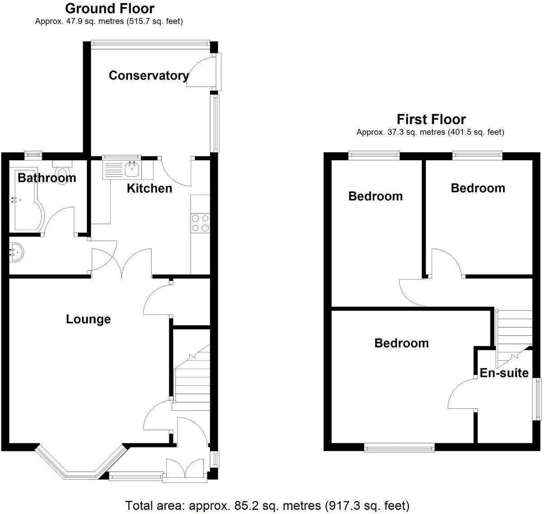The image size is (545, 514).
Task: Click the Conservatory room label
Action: click(149, 75)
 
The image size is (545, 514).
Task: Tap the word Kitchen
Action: click(149, 188)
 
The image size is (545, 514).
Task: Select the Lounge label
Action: click(88, 320)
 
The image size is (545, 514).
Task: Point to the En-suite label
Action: click(504, 373)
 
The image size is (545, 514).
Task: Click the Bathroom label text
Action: click(47, 178)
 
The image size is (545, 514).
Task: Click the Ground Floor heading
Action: click(109, 8)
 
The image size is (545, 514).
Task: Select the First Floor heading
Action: click(431, 119)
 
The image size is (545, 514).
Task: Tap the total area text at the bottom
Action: click(267, 505)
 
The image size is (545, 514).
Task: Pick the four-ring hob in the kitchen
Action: click(200, 223)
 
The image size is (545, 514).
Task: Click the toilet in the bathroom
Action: click(61, 170)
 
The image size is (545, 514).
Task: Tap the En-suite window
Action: click(538, 399)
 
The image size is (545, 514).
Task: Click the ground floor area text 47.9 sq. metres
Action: click(109, 21)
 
